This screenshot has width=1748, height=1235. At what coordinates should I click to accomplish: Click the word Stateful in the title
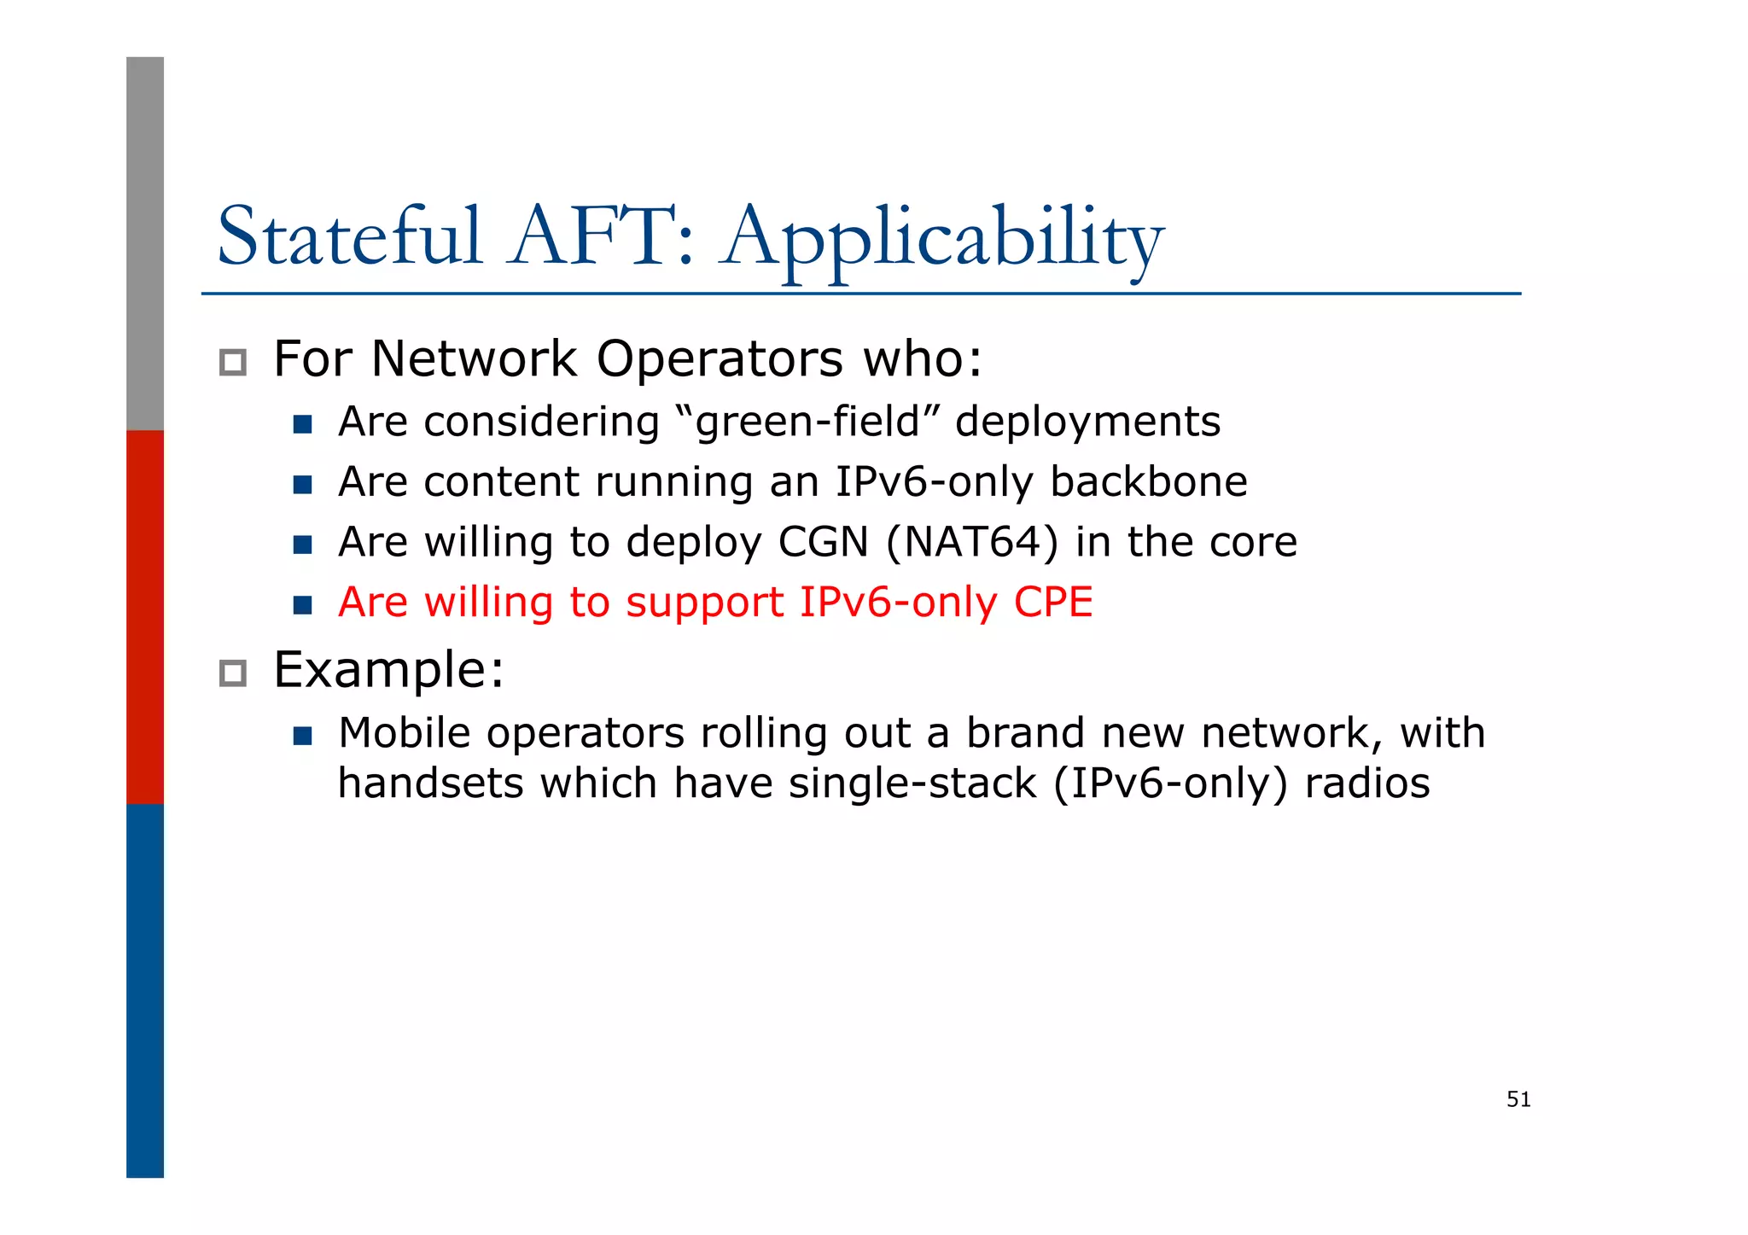[x=350, y=236]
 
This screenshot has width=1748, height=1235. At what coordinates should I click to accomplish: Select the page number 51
[x=1518, y=1099]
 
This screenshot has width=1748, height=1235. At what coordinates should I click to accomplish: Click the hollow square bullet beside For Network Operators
[x=232, y=363]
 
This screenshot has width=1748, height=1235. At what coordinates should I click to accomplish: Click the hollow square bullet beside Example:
[x=232, y=673]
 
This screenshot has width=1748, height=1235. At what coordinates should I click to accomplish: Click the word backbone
[x=1148, y=481]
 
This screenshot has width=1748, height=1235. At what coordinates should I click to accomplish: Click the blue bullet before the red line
[x=302, y=605]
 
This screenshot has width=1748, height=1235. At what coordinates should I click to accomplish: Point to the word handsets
[x=430, y=784]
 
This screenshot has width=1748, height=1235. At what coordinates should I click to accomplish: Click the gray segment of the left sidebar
[x=145, y=243]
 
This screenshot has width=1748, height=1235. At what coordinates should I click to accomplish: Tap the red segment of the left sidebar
[x=145, y=616]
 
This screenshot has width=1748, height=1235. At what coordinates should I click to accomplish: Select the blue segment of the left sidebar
[x=145, y=990]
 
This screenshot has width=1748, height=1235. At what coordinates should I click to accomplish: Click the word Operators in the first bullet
[x=719, y=358]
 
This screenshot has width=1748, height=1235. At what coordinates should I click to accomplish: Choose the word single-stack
[x=912, y=784]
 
